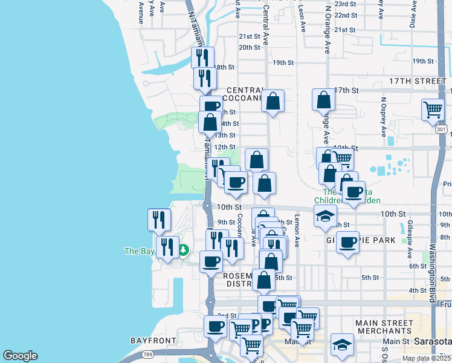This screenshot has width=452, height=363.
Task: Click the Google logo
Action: (21, 355)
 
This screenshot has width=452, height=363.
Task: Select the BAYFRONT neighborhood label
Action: (153, 341)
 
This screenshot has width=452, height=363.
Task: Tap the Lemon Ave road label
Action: (297, 231)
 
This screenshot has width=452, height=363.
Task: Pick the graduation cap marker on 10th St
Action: (326, 216)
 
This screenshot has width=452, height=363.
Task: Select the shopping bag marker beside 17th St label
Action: (324, 100)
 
